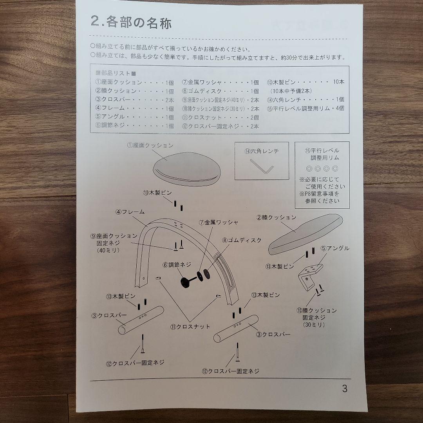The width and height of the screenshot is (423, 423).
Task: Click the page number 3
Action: (344, 389)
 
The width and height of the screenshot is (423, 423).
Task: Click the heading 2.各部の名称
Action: (131, 22)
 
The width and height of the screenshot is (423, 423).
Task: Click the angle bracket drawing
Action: (310, 274)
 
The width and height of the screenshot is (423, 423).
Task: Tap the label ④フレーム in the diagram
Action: (130, 212)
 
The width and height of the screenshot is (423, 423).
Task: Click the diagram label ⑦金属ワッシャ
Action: (219, 222)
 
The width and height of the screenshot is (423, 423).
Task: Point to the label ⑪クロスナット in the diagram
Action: (190, 326)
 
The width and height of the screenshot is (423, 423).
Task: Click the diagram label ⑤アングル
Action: (335, 248)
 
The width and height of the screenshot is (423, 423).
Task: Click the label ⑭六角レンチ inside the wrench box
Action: (261, 151)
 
